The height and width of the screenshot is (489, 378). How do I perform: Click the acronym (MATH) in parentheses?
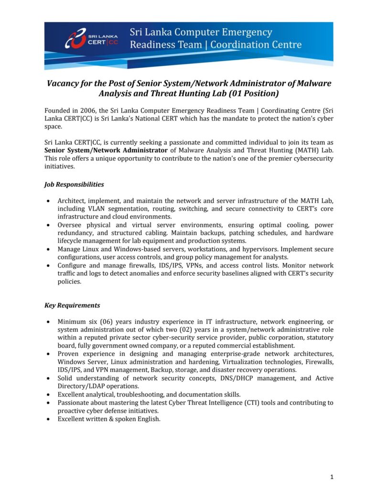[301, 150]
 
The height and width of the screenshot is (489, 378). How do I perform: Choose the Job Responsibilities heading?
[74, 184]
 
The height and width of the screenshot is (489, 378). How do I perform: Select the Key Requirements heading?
[72, 305]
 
